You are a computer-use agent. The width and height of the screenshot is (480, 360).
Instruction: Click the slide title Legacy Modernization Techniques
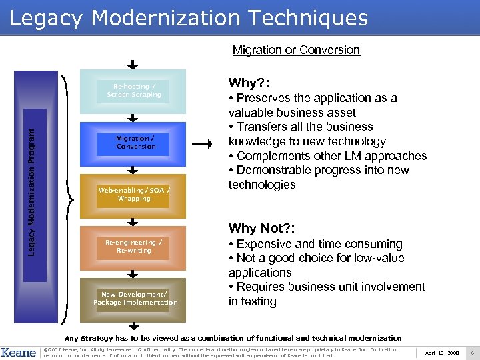coord(189,18)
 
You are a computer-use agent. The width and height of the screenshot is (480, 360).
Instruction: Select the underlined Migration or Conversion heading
coord(296,50)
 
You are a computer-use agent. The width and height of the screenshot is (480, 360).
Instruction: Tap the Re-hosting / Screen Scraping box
coord(136,91)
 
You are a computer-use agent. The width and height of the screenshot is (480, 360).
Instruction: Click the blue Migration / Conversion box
coord(136,143)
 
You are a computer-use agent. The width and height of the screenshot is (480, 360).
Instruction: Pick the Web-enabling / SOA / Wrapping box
coord(133,195)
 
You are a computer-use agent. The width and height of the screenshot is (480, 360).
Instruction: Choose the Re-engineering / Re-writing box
coord(133,247)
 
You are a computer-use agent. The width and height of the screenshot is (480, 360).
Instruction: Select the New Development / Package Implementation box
coord(135,299)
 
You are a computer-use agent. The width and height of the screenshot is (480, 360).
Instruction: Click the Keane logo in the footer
coord(19,352)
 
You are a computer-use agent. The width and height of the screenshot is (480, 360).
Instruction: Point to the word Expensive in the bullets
coord(263,244)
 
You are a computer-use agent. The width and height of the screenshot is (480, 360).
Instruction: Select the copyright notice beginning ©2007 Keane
coord(220,352)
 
